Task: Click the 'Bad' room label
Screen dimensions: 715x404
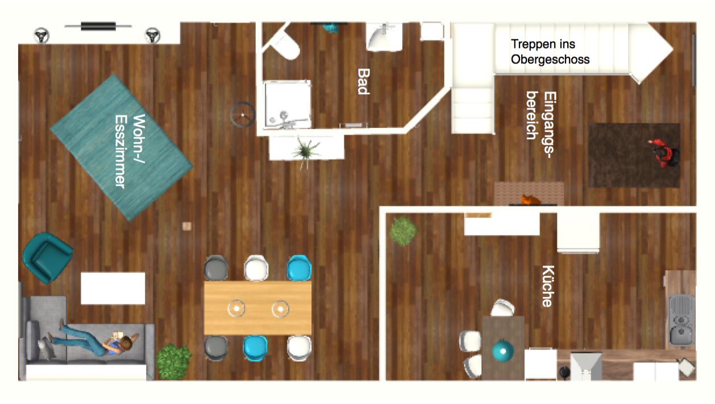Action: (x=364, y=81)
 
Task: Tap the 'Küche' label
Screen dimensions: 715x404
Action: (x=548, y=286)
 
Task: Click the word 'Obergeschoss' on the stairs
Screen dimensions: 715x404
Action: (x=550, y=59)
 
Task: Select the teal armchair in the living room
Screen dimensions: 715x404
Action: (x=47, y=258)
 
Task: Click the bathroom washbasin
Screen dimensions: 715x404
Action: (x=384, y=37)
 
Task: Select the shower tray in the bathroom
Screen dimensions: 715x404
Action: (x=287, y=105)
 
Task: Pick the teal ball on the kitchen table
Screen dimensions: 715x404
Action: (x=503, y=351)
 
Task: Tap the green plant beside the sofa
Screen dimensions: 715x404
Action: (x=173, y=361)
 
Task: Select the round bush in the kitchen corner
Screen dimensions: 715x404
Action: (x=403, y=231)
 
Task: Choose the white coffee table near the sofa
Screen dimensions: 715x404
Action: (x=113, y=288)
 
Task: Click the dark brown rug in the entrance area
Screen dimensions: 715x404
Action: (x=634, y=155)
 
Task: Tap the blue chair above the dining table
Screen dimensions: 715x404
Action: (x=299, y=268)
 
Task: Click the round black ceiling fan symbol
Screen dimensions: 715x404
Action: (x=243, y=114)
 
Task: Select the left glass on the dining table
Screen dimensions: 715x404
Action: (x=236, y=308)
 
